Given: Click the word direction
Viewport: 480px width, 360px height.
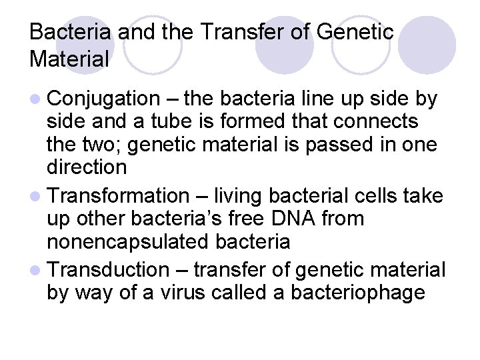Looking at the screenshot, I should pos(87,167).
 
